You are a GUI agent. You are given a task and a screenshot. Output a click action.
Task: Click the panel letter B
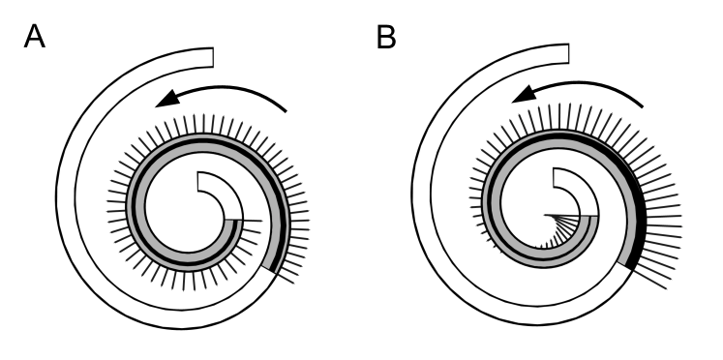[385, 41]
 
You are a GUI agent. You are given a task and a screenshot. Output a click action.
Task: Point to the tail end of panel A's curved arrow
[287, 112]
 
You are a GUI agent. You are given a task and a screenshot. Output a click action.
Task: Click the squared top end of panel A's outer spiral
[211, 57]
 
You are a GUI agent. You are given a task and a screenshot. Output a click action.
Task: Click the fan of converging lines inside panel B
[565, 230]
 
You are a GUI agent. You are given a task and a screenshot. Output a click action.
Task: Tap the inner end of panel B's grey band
[591, 216]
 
